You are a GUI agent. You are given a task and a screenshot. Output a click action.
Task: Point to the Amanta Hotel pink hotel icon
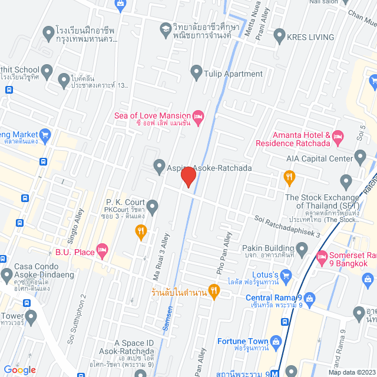click(338, 138)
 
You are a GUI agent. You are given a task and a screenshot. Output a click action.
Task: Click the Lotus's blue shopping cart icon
click(286, 275)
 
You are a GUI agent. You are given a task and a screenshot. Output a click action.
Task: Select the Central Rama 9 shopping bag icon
click(310, 297)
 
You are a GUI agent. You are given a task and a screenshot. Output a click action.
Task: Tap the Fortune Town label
click(243, 341)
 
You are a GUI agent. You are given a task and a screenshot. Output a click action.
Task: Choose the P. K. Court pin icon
click(153, 207)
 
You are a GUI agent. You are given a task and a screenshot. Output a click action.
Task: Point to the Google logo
click(20, 369)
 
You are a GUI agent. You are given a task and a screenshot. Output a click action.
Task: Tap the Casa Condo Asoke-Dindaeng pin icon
click(7, 275)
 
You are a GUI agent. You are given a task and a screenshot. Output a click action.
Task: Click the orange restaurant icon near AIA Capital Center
click(289, 176)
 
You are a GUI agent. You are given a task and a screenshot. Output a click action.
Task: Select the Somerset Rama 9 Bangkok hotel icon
click(322, 257)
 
